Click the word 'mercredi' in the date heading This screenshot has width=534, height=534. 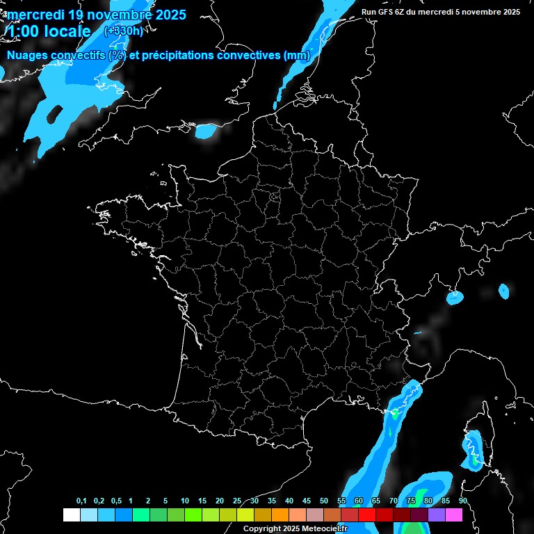pos(34,15)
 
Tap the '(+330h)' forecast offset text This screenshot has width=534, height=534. pos(123,31)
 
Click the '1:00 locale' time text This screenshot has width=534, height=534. pos(49,31)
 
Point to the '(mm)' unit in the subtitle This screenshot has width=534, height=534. pos(297,56)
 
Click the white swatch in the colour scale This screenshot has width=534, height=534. pos(71,515)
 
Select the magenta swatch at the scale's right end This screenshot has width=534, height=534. pos(454,515)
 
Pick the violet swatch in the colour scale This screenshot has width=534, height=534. pos(437,515)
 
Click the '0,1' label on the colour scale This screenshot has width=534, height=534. pos(81,501)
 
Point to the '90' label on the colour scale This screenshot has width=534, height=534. pos(462,501)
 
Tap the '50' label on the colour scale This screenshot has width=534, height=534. pos(324,501)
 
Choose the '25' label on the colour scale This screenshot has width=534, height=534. pos(237,501)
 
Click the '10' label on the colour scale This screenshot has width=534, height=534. pos(184,501)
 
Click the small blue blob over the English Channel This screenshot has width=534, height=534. pos(207,130)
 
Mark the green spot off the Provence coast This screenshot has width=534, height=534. pos(395,413)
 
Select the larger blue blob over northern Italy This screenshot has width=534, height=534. pos(455,298)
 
